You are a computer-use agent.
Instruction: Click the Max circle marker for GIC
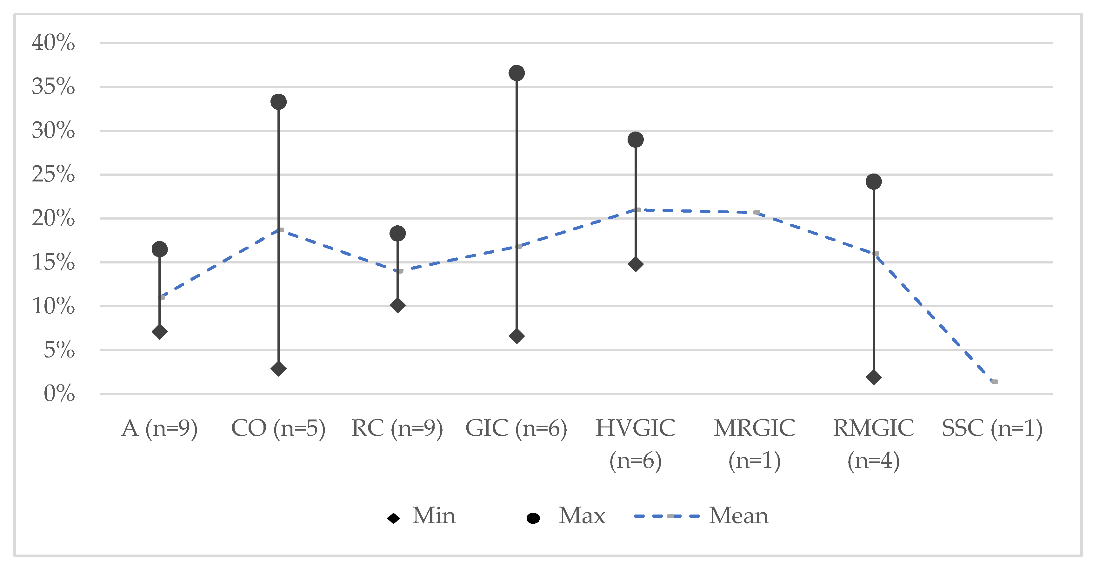tap(517, 73)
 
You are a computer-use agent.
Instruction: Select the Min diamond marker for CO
tap(278, 369)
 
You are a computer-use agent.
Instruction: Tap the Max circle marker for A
tap(160, 249)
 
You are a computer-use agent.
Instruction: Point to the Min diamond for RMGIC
tap(874, 377)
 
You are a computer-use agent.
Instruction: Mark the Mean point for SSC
tap(995, 382)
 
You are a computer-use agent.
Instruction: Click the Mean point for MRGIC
tap(756, 212)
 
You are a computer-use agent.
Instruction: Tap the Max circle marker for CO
tap(278, 102)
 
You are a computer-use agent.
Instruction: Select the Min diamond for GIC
tap(517, 336)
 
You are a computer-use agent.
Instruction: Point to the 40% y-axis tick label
tap(53, 43)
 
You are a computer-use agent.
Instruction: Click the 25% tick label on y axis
tap(53, 174)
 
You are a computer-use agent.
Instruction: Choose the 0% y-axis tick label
tap(59, 394)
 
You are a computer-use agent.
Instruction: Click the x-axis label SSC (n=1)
tap(992, 428)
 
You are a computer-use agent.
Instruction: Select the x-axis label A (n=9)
tap(160, 428)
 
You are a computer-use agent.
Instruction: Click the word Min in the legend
tap(434, 516)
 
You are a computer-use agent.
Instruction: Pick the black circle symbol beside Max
tap(533, 518)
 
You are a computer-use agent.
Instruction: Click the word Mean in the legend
tap(738, 516)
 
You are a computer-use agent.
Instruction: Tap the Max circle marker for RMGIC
tap(874, 182)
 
